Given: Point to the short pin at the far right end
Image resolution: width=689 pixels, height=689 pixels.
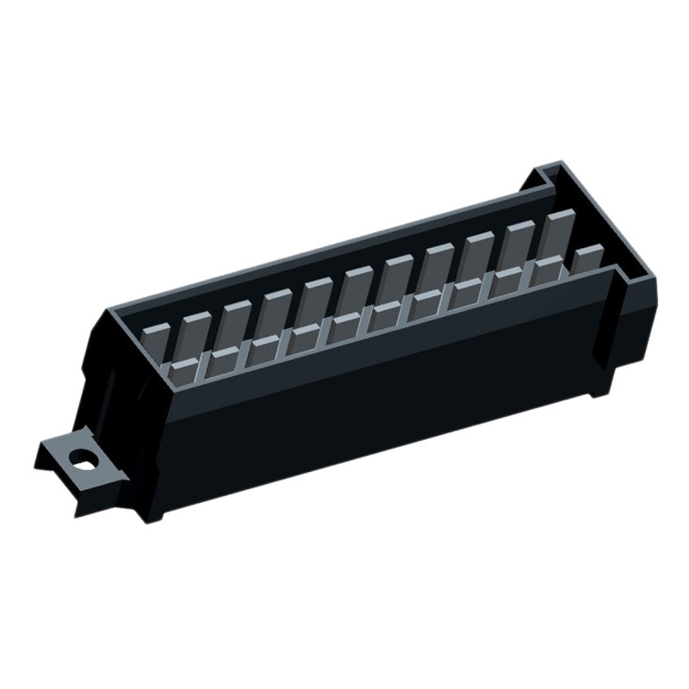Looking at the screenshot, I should [588, 258].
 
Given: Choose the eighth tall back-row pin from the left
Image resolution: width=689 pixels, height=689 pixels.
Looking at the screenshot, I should [478, 254].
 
